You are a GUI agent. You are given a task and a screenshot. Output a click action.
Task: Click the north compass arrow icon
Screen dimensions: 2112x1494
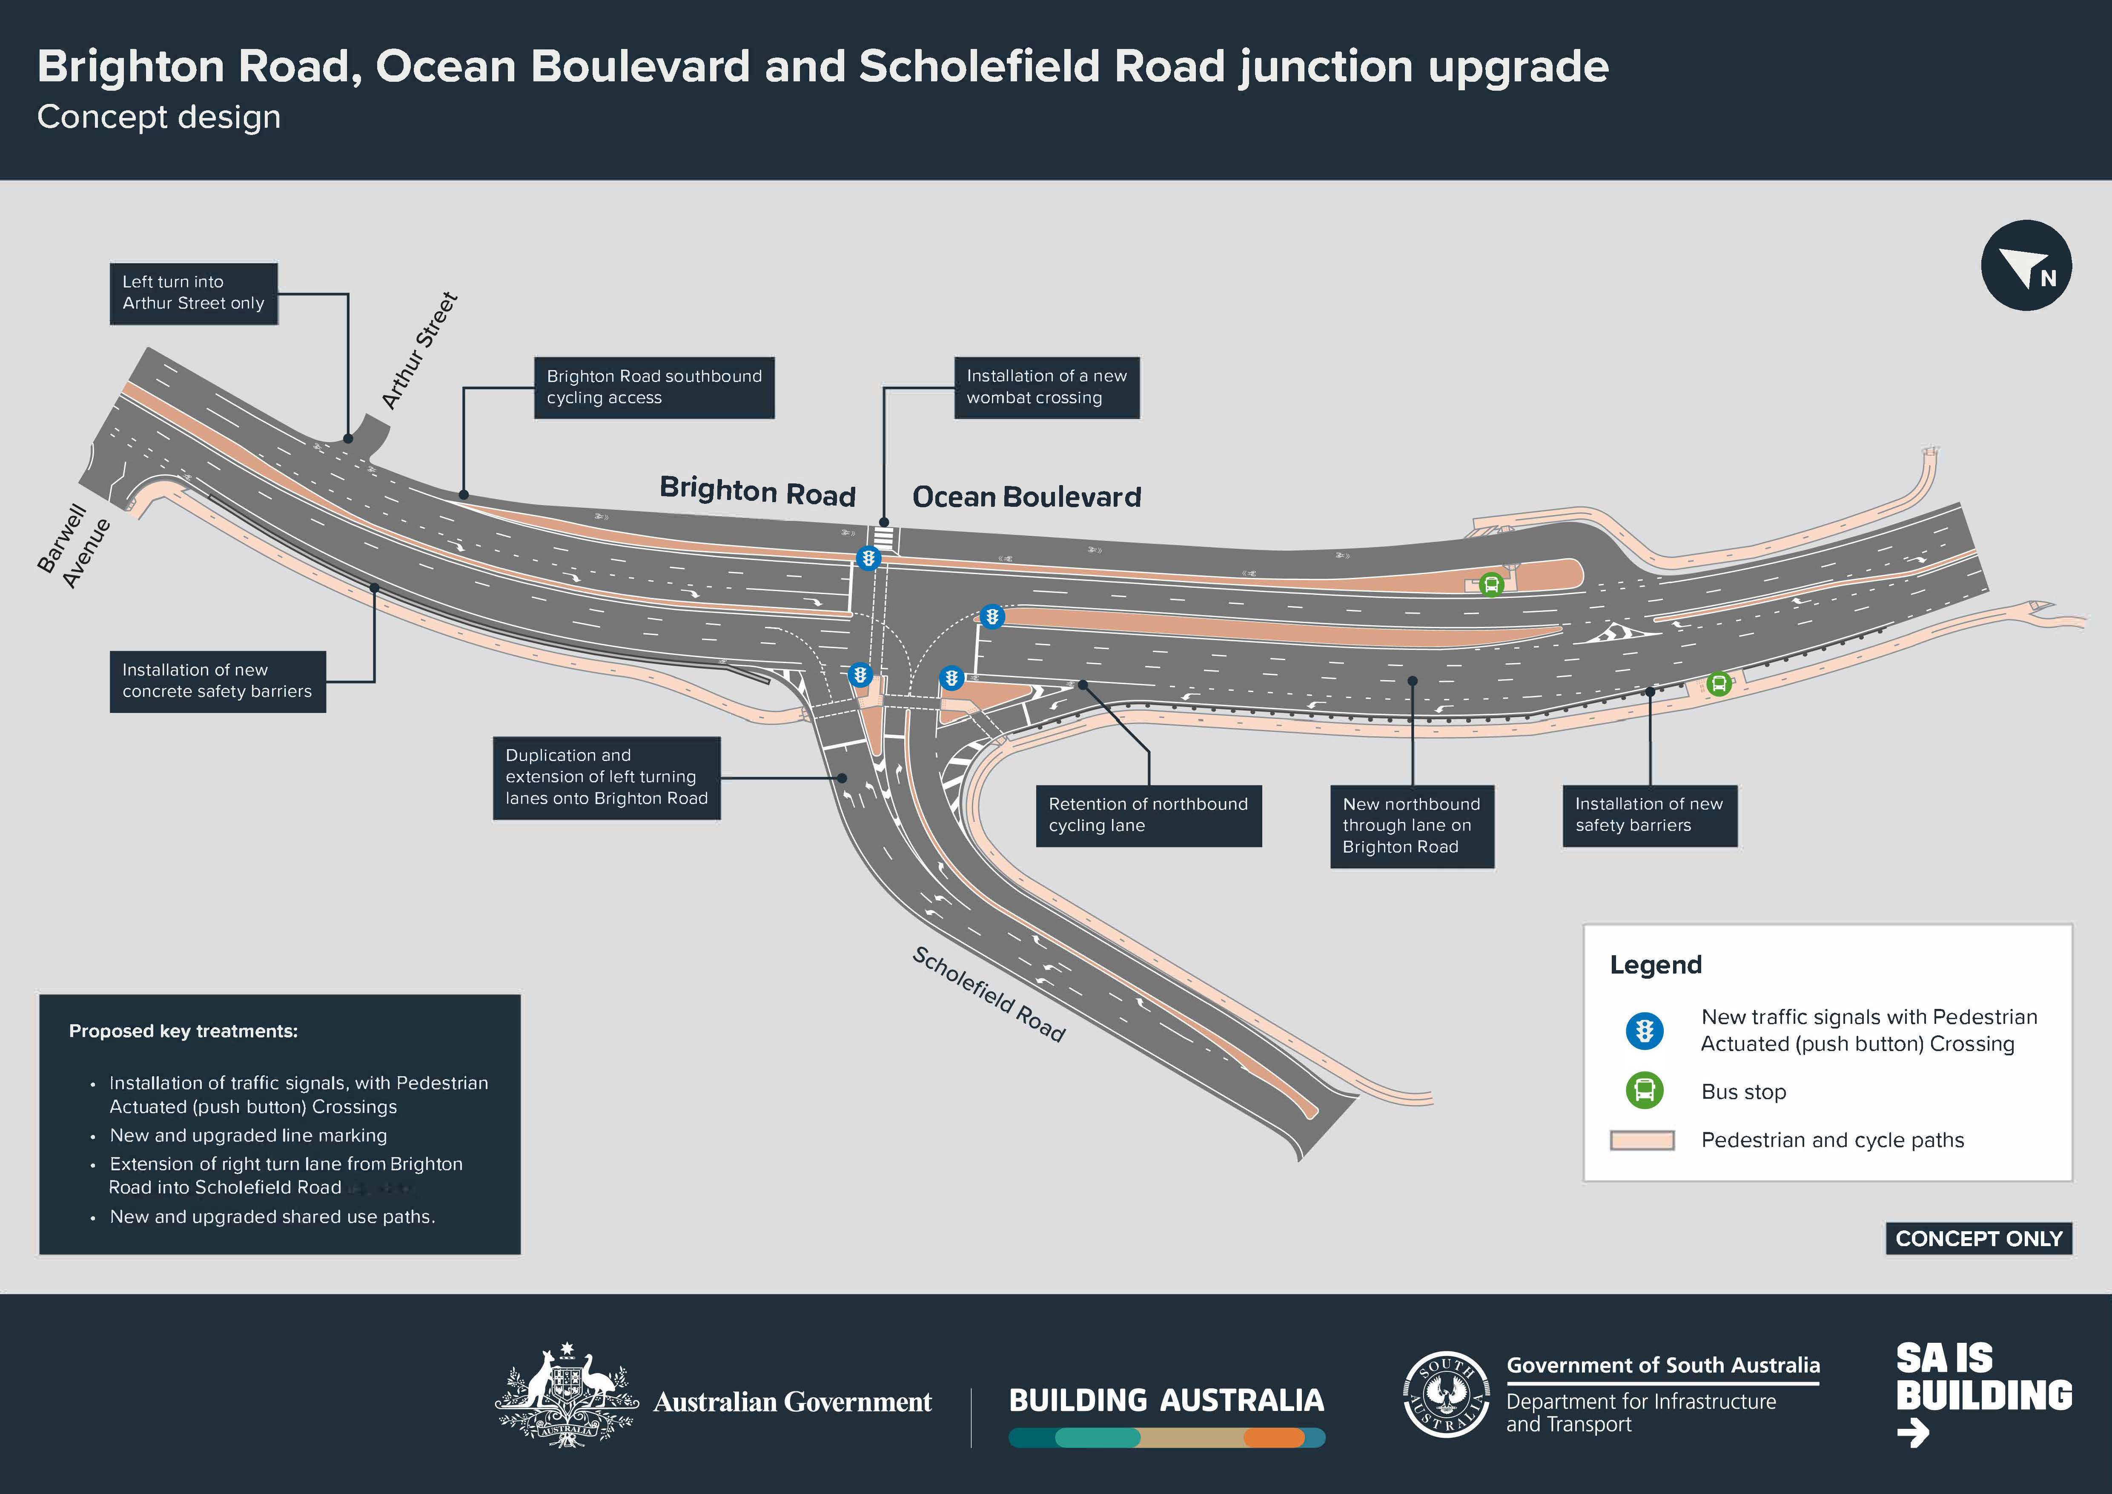[2026, 265]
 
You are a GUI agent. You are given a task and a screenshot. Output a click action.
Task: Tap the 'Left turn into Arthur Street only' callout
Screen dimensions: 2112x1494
[193, 293]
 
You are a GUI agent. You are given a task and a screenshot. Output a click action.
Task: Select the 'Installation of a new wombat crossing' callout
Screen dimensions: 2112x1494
[1047, 387]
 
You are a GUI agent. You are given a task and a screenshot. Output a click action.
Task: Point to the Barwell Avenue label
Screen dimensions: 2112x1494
[74, 546]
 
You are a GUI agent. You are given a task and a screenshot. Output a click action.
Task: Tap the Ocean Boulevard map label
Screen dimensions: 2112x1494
[1026, 497]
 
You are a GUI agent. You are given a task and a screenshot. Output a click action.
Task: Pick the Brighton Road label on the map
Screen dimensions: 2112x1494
[757, 490]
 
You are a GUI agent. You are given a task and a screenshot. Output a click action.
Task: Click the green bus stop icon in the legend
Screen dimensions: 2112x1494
[1645, 1091]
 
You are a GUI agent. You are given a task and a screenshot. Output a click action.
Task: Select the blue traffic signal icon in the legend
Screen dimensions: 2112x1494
[1645, 1030]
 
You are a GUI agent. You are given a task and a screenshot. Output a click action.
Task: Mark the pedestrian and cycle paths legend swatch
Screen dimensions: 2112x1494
[1642, 1141]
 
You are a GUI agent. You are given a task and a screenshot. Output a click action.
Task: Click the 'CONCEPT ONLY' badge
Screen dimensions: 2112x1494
[1979, 1238]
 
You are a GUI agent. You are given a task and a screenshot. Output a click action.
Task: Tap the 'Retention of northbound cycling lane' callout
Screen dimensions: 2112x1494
[1148, 815]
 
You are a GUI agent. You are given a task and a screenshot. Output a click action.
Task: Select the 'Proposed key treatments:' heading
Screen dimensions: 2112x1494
[183, 1031]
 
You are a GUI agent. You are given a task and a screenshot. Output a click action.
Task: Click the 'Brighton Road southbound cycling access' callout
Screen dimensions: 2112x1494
[654, 387]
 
